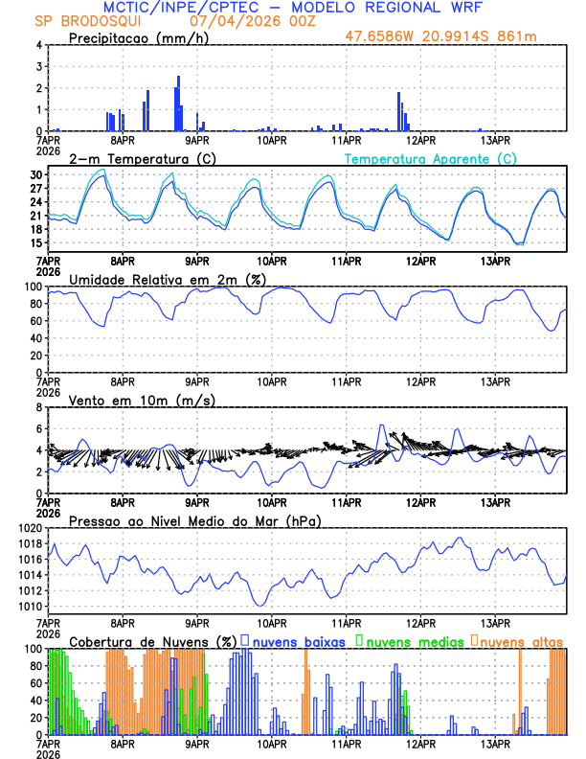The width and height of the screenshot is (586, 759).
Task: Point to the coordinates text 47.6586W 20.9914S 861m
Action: click(x=442, y=36)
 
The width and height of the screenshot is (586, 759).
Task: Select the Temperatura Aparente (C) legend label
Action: click(x=430, y=158)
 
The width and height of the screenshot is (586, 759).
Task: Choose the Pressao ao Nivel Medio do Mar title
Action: click(x=194, y=520)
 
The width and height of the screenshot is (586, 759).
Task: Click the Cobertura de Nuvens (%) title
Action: click(x=152, y=641)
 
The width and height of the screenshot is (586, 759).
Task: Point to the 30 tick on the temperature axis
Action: click(x=34, y=175)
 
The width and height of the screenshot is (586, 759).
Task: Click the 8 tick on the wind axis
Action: click(x=38, y=407)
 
